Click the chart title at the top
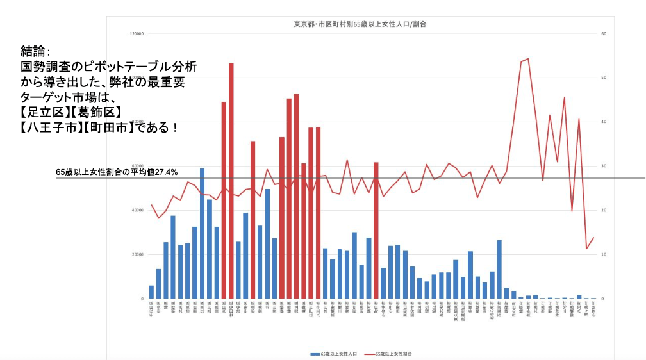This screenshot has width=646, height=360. pyautogui.click(x=360, y=24)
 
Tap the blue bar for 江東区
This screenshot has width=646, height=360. pyautogui.click(x=202, y=233)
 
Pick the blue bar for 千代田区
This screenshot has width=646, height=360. pyautogui.click(x=151, y=292)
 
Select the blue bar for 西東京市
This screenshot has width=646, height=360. pyautogui.click(x=499, y=269)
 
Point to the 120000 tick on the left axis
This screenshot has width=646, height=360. pyautogui.click(x=136, y=34)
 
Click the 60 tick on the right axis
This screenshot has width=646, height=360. pyautogui.click(x=603, y=34)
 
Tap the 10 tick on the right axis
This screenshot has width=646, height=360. pyautogui.click(x=603, y=255)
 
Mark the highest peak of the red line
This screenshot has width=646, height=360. pyautogui.click(x=527, y=59)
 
